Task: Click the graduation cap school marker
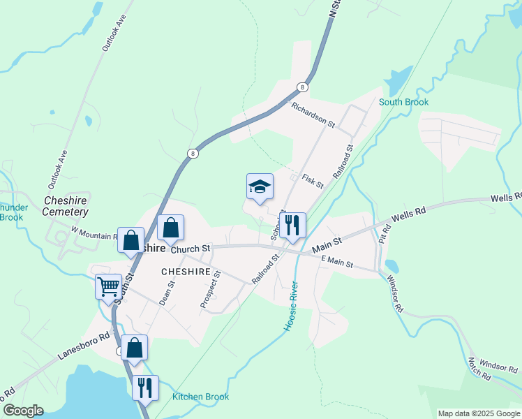(260, 187)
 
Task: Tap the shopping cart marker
(108, 286)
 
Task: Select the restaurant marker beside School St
(292, 226)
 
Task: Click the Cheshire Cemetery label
(66, 206)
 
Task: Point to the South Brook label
(403, 102)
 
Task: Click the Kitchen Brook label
(200, 397)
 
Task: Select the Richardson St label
(313, 115)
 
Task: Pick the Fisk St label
(313, 181)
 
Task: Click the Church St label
(191, 249)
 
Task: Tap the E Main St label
(338, 263)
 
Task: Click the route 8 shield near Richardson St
(301, 87)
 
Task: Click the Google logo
(23, 411)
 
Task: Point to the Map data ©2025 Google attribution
(479, 413)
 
